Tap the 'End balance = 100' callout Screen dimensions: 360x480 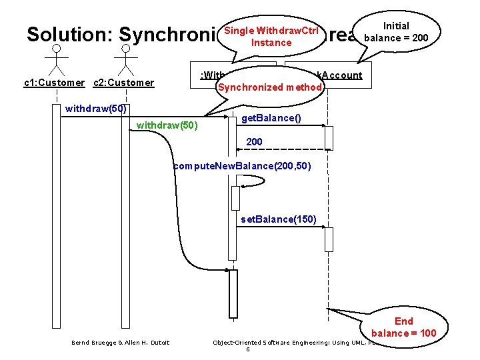403,327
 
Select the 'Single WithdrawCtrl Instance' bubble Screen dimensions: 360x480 271,36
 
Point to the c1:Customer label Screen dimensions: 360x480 54,83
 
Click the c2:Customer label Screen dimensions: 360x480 123,83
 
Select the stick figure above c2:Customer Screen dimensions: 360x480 125,59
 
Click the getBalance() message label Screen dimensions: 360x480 271,118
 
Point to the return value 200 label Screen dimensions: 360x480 254,141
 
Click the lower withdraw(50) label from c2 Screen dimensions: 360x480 167,125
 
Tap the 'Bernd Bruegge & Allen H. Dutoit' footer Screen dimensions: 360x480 120,343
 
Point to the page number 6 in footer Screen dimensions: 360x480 247,349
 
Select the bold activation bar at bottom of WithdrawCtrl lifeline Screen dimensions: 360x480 233,293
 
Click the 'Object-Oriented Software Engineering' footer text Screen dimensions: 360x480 287,343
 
